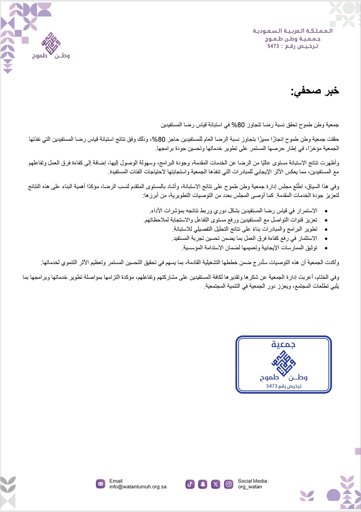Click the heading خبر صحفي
coord(315,91)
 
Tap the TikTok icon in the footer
coord(190,484)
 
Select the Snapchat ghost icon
coord(203,484)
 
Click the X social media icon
coord(216,484)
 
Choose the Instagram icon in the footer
coord(228,484)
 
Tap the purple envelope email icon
coord(101,484)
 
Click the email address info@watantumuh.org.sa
coord(138,487)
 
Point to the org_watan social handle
coord(250,487)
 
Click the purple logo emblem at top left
coord(51,43)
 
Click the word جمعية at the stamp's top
coord(283,344)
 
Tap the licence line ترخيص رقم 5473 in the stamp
coord(284,386)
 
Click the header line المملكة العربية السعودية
coord(293,31)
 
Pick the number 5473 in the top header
coord(273,46)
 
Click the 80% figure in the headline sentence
coord(233,125)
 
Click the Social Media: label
coord(253,481)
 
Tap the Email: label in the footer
coord(116,481)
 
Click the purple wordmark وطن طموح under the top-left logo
coord(51,56)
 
